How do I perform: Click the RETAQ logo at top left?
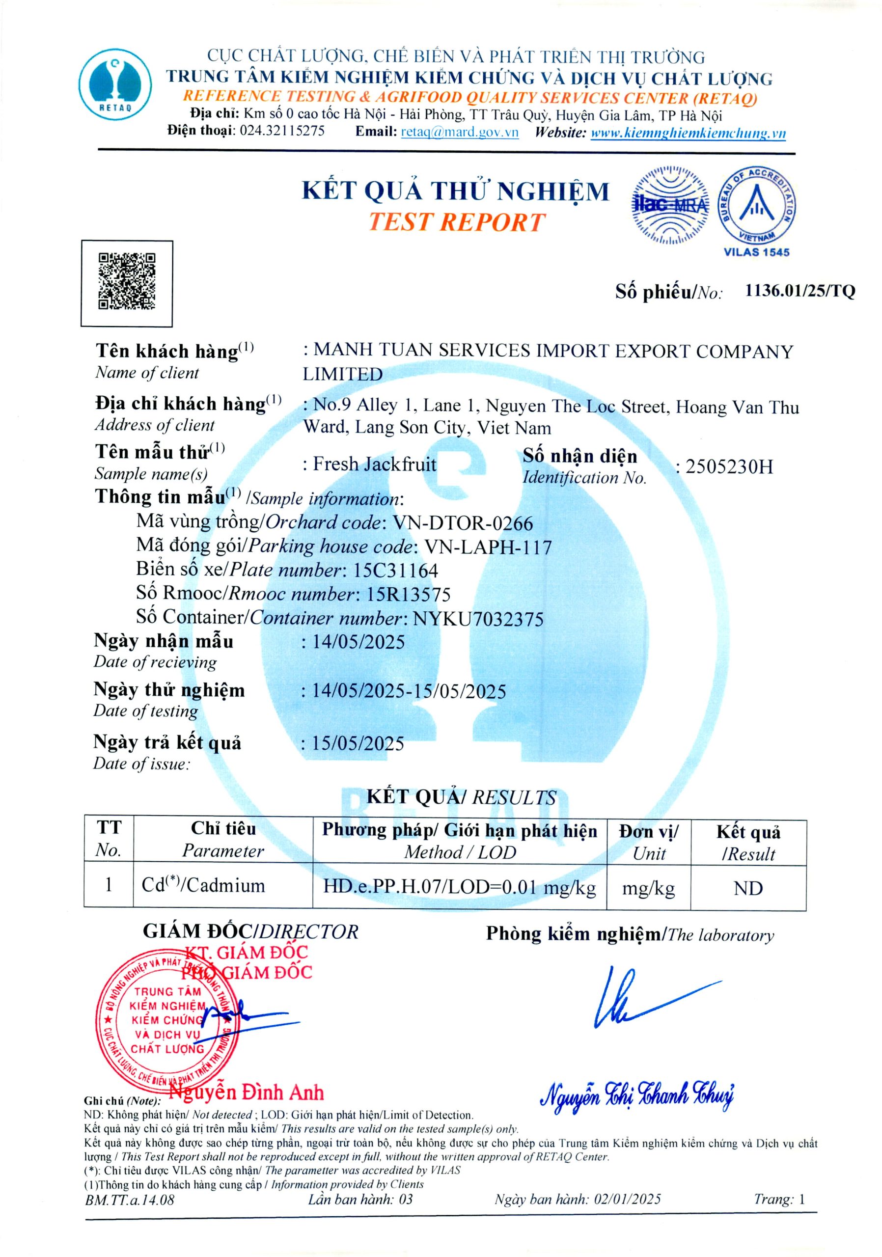point(115,84)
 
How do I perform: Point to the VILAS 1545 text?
point(756,252)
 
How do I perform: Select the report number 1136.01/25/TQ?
point(799,291)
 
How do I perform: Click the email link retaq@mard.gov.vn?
point(459,132)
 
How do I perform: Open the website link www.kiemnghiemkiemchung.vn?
point(688,133)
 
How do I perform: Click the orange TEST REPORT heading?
point(456,222)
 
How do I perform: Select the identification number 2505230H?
point(729,467)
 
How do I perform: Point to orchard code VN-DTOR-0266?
point(463,523)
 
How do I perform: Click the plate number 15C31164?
point(396,571)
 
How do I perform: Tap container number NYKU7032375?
point(478,619)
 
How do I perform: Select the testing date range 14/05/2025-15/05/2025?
point(409,691)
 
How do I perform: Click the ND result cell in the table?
point(748,888)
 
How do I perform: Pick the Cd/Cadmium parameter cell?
point(203,886)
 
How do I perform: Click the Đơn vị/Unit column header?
point(648,842)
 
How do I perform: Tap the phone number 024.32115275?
point(282,131)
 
